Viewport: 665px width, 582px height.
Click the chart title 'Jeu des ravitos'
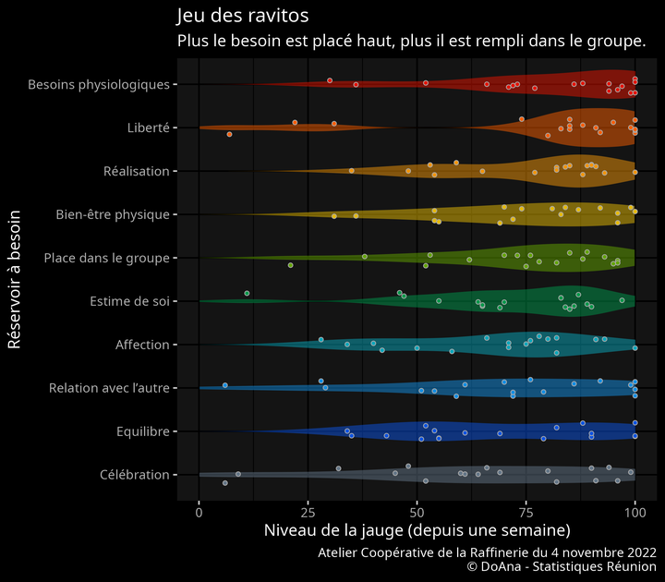(242, 17)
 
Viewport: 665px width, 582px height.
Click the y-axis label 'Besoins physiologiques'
(99, 85)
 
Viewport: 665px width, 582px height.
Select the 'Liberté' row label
(148, 128)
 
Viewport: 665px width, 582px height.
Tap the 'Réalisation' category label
(137, 172)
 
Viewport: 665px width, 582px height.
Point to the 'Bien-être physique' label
(113, 215)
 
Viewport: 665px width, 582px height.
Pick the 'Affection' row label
(142, 345)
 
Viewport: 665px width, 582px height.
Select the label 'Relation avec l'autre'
(109, 388)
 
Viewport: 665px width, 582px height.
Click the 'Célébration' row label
(135, 475)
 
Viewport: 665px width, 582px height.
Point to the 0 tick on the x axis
(199, 511)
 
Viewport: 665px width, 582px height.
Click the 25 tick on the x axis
(308, 511)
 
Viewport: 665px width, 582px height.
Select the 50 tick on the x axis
(417, 511)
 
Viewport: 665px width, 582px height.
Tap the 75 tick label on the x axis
(526, 511)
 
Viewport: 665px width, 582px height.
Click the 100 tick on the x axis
(635, 511)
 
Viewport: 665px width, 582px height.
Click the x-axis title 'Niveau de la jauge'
(417, 531)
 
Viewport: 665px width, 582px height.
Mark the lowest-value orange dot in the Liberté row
(229, 135)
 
